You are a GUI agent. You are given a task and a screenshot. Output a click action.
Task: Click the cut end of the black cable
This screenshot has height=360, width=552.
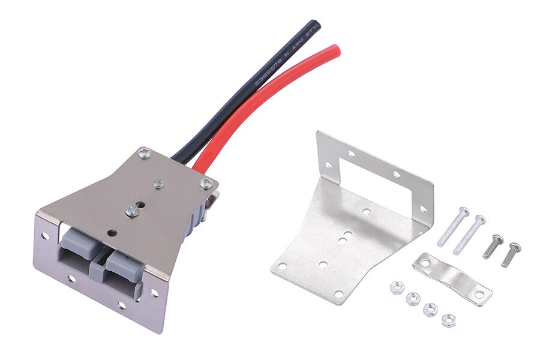pos(314,25)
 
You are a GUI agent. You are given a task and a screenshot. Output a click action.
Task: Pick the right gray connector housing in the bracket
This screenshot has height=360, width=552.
pos(123,265)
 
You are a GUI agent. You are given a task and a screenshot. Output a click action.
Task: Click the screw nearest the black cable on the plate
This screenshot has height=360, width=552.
pos(144,154)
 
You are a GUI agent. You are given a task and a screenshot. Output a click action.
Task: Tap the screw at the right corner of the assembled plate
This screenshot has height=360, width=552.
pos(205,184)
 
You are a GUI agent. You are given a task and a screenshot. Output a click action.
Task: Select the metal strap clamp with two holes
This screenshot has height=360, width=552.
pos(452,278)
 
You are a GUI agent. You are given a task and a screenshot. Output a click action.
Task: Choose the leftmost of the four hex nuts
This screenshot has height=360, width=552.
pos(396,287)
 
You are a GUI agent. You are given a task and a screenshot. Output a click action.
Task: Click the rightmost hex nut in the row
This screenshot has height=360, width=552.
pos(448,320)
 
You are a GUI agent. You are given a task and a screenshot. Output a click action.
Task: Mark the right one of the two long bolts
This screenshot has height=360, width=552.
pos(469,235)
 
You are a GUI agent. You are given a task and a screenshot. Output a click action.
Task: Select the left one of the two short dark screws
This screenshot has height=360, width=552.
pos(493,246)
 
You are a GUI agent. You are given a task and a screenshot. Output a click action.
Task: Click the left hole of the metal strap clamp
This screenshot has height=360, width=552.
pos(425,263)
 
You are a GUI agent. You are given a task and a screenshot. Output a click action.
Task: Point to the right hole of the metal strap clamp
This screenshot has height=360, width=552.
pos(479,295)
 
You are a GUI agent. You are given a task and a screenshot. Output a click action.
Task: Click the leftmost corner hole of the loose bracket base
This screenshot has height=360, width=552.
pos(281,266)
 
